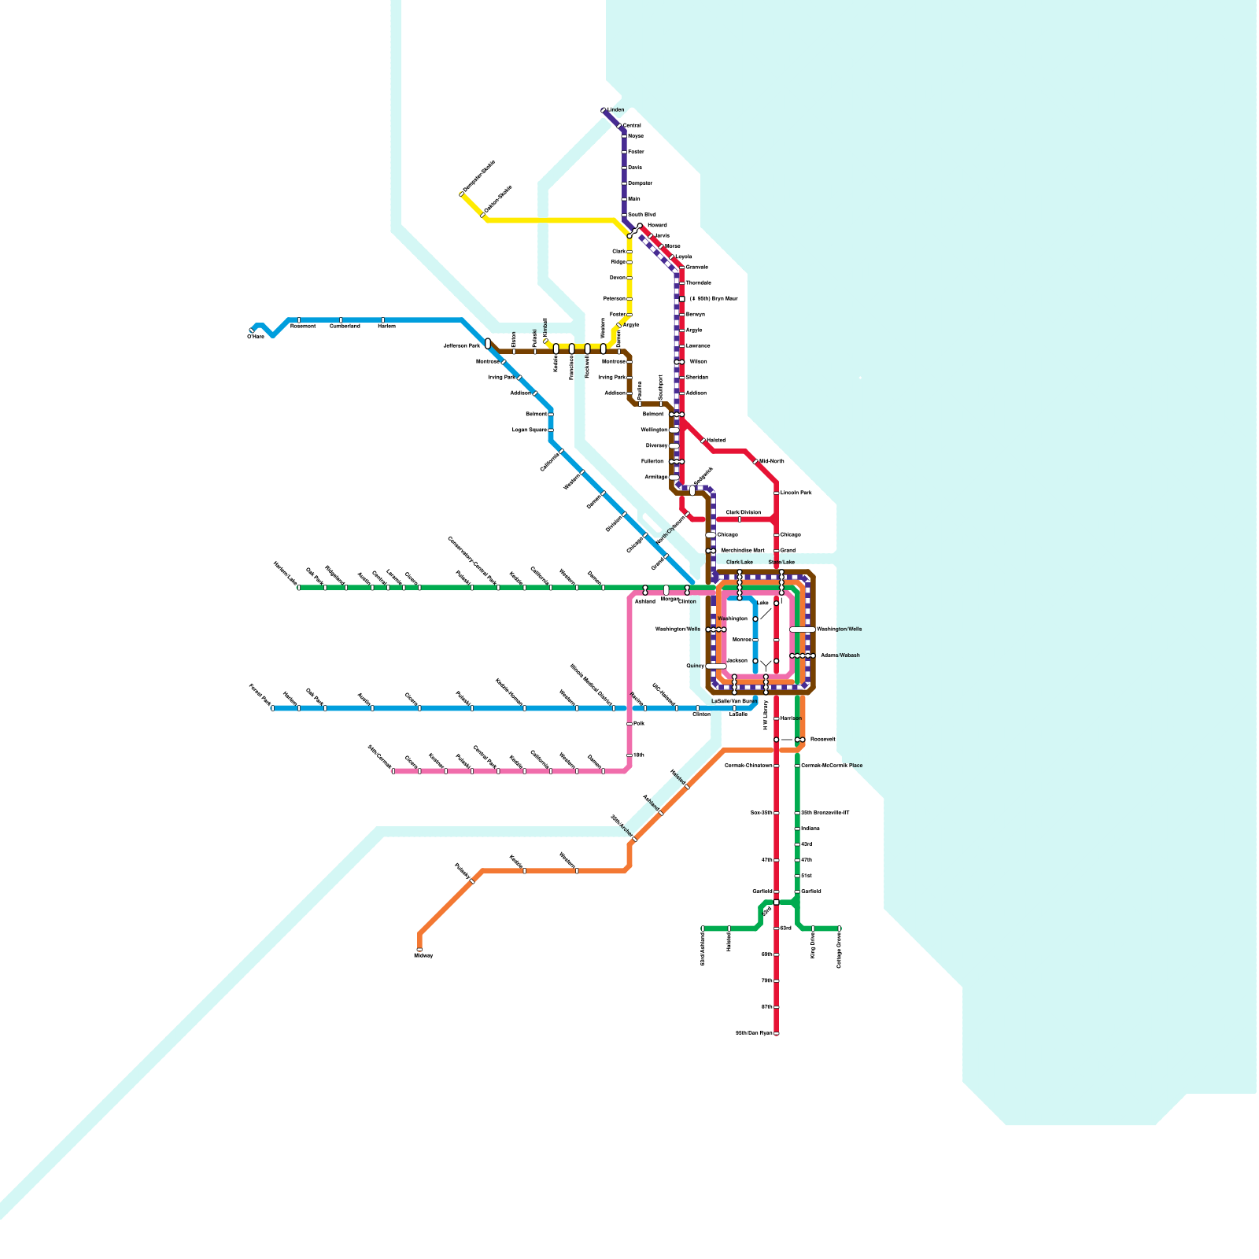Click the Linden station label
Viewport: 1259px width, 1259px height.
click(616, 110)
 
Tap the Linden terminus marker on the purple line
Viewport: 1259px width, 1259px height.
click(604, 110)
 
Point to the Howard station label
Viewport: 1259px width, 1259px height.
click(657, 225)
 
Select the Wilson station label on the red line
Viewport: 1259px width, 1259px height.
click(698, 361)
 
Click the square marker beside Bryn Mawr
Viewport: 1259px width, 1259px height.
click(682, 299)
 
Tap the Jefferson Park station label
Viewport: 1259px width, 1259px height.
click(461, 345)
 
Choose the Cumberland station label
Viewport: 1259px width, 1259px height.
click(345, 326)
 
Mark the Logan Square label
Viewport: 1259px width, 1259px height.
click(529, 430)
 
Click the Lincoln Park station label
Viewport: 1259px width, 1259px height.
click(796, 493)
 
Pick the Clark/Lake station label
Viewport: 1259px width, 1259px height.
click(739, 563)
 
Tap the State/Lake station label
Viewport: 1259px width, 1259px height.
click(781, 563)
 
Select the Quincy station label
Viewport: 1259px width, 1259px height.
click(695, 666)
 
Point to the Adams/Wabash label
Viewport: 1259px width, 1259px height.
click(840, 655)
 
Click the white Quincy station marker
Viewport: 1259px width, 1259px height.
click(716, 666)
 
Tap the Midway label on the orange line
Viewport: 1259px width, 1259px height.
click(423, 955)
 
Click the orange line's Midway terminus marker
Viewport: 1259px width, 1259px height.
click(419, 949)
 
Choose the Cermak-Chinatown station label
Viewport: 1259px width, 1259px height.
click(748, 766)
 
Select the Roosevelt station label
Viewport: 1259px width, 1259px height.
click(822, 740)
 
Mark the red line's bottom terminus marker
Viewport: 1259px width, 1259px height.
click(777, 1033)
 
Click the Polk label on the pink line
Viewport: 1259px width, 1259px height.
click(639, 723)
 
